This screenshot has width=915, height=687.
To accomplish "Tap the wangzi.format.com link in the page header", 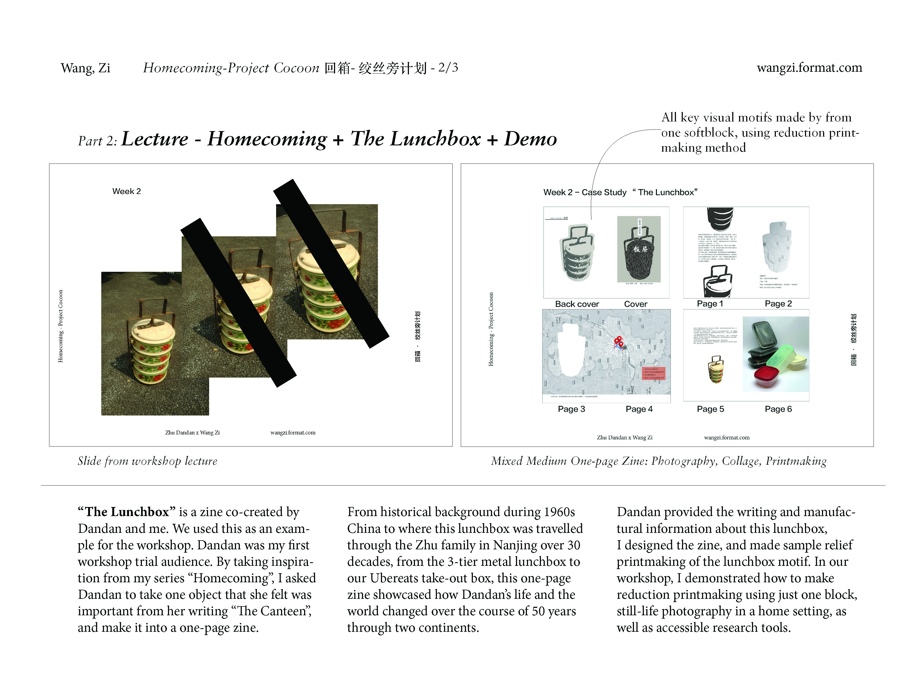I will pos(809,68).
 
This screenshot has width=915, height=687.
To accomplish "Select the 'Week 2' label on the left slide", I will pos(127,191).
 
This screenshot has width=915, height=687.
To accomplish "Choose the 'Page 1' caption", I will pos(710,304).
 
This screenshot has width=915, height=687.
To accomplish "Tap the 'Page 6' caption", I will pos(778,409).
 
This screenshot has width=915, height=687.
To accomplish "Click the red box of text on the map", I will pos(653,373).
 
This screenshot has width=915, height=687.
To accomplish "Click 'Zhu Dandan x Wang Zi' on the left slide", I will pos(192,433).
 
